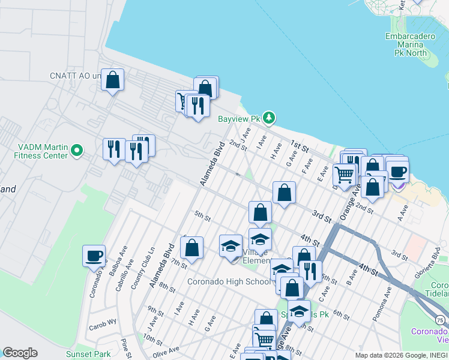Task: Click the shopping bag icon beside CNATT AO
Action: point(112,79)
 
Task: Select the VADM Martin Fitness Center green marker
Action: point(76,149)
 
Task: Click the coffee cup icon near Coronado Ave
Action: point(94,256)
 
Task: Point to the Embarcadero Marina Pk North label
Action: point(410,44)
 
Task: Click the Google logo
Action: point(20,353)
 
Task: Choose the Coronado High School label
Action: point(229,281)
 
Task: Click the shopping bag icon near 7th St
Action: point(191,248)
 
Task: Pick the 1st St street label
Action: point(300,146)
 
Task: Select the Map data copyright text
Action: point(401,355)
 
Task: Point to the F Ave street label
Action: point(307,164)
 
